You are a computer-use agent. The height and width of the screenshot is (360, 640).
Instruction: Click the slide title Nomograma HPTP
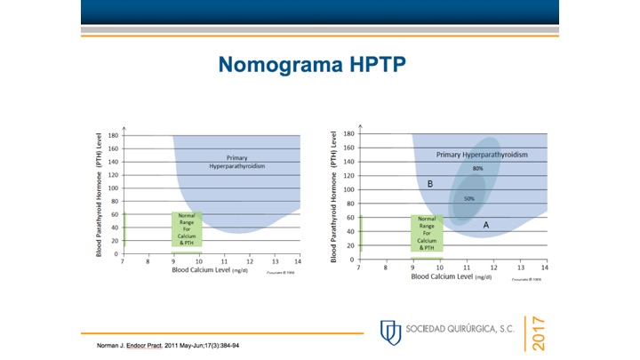[320, 65]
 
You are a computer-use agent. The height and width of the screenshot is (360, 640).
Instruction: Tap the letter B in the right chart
[429, 184]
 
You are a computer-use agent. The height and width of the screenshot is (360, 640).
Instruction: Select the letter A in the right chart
[485, 225]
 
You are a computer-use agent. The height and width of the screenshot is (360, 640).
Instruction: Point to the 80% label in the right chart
[478, 168]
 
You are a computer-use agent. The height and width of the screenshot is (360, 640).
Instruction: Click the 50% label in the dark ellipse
[468, 198]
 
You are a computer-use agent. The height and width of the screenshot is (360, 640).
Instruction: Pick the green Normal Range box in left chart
[187, 228]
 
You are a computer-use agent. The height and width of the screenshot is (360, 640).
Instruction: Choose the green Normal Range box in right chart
[427, 233]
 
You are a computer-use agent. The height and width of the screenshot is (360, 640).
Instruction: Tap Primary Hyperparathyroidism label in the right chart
[482, 155]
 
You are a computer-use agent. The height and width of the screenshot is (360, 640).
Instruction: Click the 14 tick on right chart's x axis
[545, 267]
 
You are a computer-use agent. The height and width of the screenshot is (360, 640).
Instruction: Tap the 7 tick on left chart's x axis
[124, 261]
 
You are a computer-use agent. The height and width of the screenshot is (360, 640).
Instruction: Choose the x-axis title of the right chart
[452, 276]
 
